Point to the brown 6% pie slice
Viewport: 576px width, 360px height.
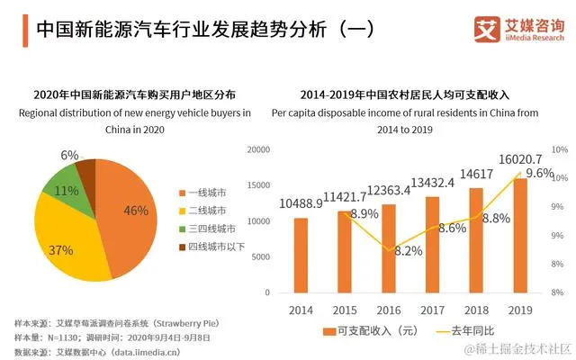tap(86, 170)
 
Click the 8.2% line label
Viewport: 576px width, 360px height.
tap(408, 251)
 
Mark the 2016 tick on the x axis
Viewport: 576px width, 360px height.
tap(388, 309)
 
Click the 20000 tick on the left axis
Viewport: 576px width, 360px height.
tap(257, 149)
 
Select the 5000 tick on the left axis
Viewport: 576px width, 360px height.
tap(260, 256)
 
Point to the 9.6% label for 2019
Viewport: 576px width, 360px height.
tap(539, 174)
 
